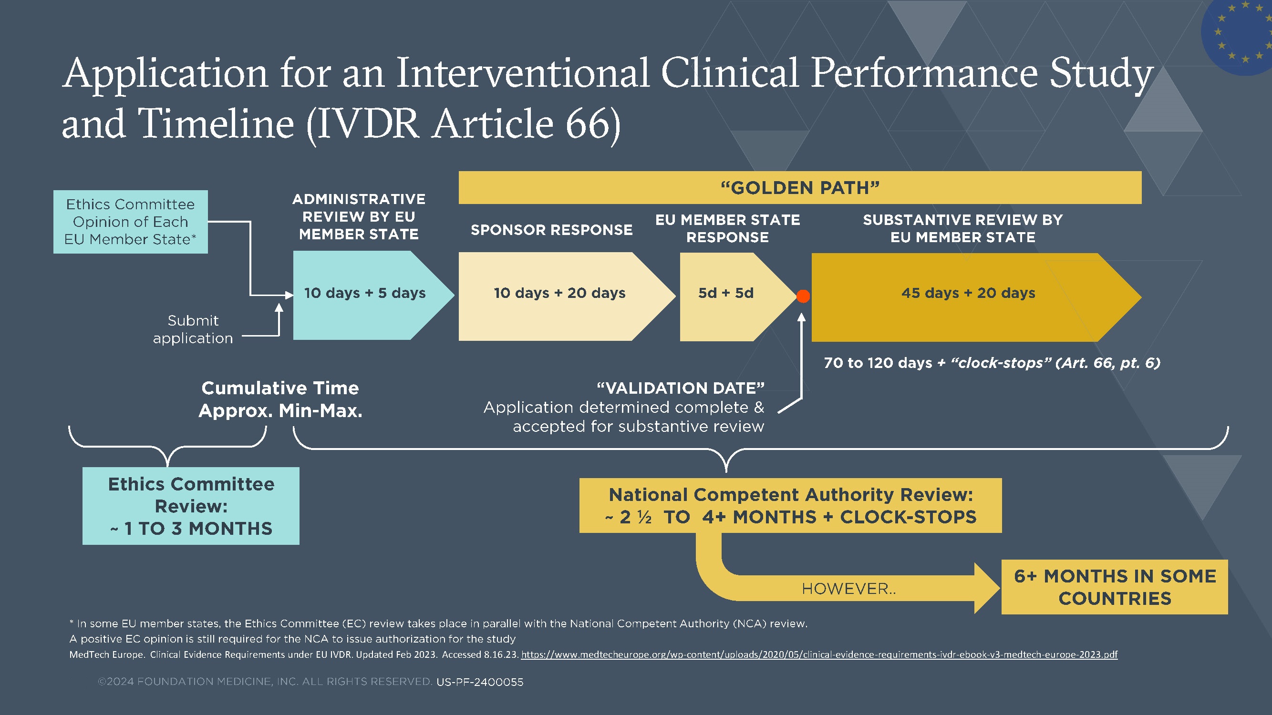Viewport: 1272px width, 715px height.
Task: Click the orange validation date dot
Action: pyautogui.click(x=803, y=296)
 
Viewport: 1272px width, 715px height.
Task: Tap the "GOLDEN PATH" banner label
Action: pyautogui.click(x=800, y=188)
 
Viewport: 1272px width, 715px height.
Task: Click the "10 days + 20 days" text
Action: pyautogui.click(x=559, y=293)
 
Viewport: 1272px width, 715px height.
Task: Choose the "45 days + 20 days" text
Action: pyautogui.click(x=968, y=293)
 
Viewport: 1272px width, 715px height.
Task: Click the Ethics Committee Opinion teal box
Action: pyautogui.click(x=130, y=222)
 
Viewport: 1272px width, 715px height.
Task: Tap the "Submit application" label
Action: pyautogui.click(x=193, y=329)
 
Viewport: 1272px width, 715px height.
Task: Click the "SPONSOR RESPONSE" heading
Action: pyautogui.click(x=551, y=230)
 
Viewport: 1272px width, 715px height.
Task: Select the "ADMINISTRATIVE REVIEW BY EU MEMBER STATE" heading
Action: pyautogui.click(x=359, y=216)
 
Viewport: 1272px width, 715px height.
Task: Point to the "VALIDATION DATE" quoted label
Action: pyautogui.click(x=681, y=388)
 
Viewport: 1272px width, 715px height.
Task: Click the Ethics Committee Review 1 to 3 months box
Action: pyautogui.click(x=191, y=506)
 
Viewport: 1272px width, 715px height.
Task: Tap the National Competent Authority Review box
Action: pyautogui.click(x=790, y=505)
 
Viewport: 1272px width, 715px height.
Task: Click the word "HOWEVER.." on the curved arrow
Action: pyautogui.click(x=848, y=589)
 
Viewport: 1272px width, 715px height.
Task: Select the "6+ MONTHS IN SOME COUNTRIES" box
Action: pyautogui.click(x=1115, y=587)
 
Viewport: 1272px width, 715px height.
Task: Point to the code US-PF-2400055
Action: pyautogui.click(x=479, y=682)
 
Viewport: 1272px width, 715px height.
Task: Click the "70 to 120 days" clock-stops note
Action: pyautogui.click(x=992, y=363)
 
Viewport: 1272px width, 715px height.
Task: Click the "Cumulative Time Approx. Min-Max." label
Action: pyautogui.click(x=280, y=399)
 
